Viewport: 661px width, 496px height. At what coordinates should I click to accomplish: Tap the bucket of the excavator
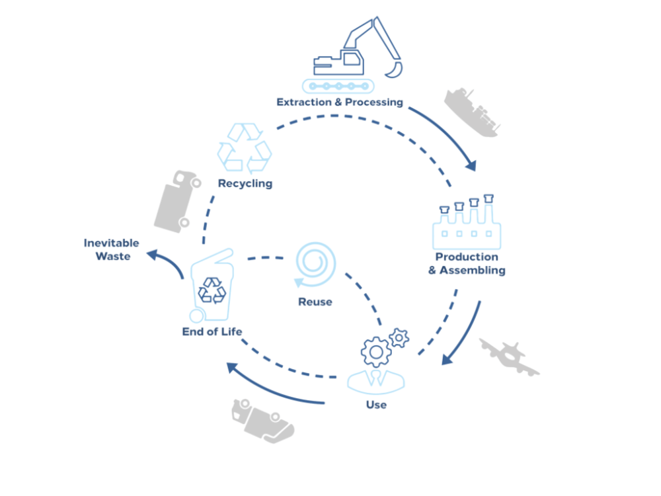(x=395, y=69)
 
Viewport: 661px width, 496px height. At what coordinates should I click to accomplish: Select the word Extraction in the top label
(x=304, y=102)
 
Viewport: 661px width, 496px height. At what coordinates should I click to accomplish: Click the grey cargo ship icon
(x=472, y=112)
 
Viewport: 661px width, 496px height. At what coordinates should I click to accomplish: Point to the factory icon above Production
(x=467, y=222)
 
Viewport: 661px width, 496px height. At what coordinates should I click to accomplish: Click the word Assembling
(x=473, y=270)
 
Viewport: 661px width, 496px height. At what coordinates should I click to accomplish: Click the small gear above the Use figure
(x=399, y=338)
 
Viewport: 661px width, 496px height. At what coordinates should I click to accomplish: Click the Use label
(x=376, y=405)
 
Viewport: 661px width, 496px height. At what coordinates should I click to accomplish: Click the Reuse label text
(x=315, y=302)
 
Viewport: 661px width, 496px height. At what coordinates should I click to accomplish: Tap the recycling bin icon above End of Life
(x=212, y=286)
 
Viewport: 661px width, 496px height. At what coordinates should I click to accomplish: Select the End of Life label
(x=212, y=332)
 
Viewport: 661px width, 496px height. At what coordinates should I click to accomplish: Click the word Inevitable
(x=111, y=243)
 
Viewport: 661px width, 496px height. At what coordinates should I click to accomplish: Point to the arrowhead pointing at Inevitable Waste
(x=152, y=255)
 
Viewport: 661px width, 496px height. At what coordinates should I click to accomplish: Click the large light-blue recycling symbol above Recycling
(x=245, y=148)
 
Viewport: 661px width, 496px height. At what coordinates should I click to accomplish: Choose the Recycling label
(x=245, y=184)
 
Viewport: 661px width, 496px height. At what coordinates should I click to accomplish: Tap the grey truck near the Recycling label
(x=177, y=202)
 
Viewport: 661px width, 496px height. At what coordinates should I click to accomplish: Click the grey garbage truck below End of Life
(x=262, y=421)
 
